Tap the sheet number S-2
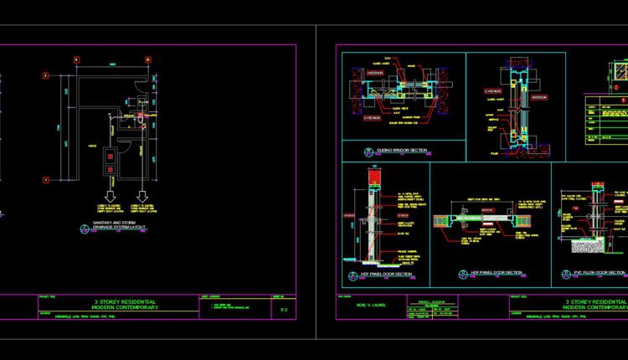(x=286, y=309)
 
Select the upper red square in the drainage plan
(x=108, y=156)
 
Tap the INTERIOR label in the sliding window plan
(x=375, y=73)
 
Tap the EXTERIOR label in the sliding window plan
(x=372, y=119)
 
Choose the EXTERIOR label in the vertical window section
(x=493, y=90)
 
